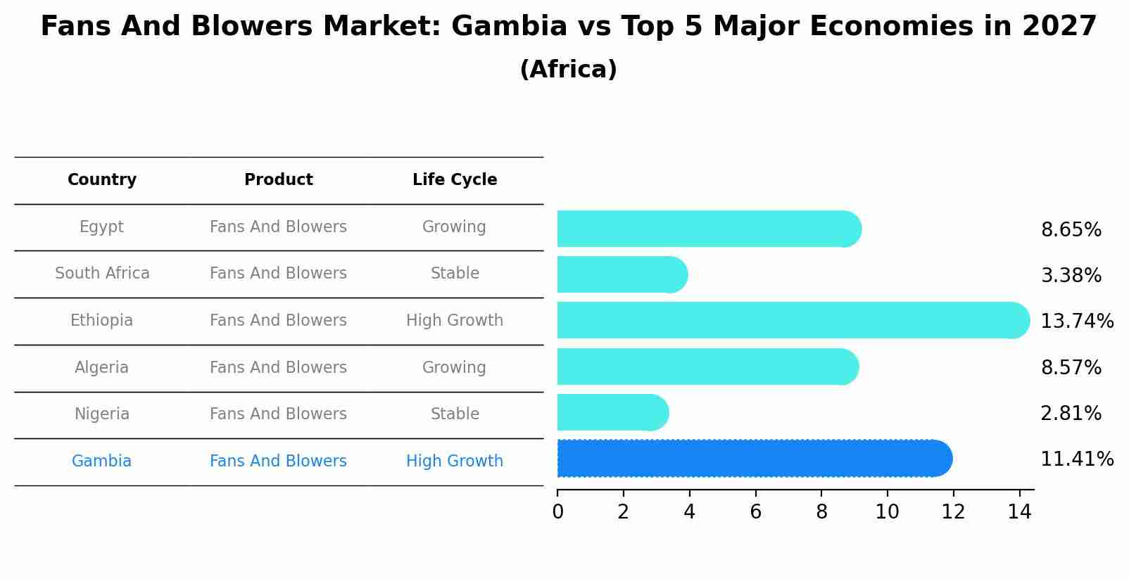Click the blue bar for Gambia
click(x=753, y=459)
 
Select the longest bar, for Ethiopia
click(x=792, y=321)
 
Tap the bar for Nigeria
click(x=611, y=413)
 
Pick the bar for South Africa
click(x=621, y=275)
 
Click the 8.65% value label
click(x=1071, y=230)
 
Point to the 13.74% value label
click(x=1076, y=322)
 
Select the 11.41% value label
click(x=1076, y=459)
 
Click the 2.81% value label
click(x=1071, y=414)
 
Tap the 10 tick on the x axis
click(x=887, y=512)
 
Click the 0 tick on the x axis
click(x=557, y=512)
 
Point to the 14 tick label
click(x=1018, y=512)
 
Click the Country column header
click(x=102, y=180)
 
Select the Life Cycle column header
click(x=455, y=180)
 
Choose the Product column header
click(x=278, y=180)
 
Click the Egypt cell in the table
click(x=101, y=227)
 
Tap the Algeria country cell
click(x=101, y=368)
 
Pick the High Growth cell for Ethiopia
click(x=455, y=321)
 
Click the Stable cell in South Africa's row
click(x=455, y=274)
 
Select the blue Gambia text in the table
click(x=101, y=462)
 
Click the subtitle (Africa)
click(x=568, y=70)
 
